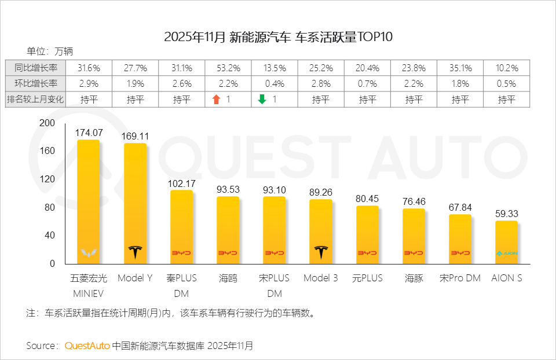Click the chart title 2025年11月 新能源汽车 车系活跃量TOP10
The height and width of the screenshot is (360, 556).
pyautogui.click(x=279, y=38)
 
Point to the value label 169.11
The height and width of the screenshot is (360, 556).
pyautogui.click(x=135, y=136)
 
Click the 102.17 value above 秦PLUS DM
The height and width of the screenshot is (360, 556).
pyautogui.click(x=182, y=183)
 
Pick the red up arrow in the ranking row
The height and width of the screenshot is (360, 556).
pyautogui.click(x=217, y=100)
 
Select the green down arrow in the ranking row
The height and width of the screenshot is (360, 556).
pyautogui.click(x=262, y=100)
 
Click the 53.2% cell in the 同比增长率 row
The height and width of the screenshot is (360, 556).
pyautogui.click(x=228, y=68)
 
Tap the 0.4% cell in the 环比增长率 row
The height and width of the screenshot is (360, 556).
pyautogui.click(x=275, y=84)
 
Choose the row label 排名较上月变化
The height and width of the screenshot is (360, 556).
pyautogui.click(x=35, y=100)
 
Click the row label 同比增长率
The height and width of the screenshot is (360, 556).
pyautogui.click(x=35, y=68)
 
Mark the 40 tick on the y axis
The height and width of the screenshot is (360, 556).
pyautogui.click(x=49, y=236)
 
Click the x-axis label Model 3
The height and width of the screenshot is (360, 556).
pyautogui.click(x=320, y=278)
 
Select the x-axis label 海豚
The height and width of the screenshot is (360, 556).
pyautogui.click(x=414, y=278)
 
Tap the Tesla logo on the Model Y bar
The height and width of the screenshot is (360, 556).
pyautogui.click(x=135, y=252)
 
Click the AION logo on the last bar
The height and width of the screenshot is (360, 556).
pyautogui.click(x=506, y=254)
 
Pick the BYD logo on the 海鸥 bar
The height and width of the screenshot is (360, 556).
pyautogui.click(x=228, y=254)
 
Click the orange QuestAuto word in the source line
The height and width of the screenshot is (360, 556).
pyautogui.click(x=87, y=346)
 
